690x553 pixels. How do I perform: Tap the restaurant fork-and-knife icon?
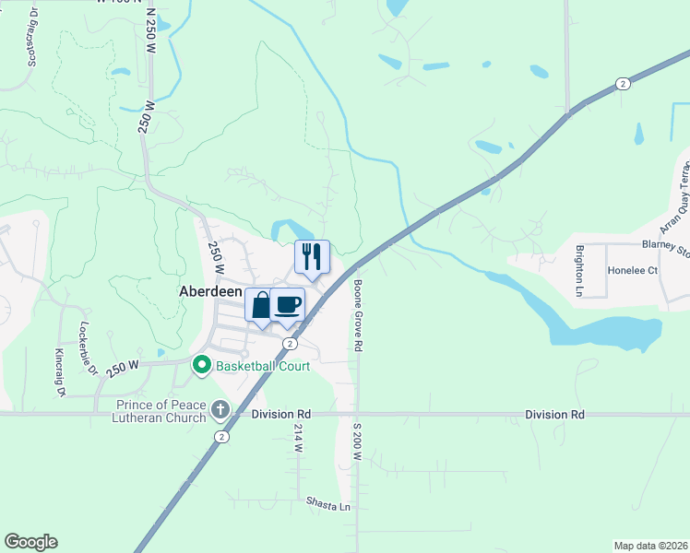pyautogui.click(x=312, y=255)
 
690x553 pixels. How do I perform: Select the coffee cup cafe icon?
pyautogui.click(x=288, y=304)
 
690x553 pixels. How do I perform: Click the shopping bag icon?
pyautogui.click(x=261, y=304)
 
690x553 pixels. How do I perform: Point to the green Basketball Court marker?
pyautogui.click(x=202, y=366)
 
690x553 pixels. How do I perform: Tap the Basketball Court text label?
pyautogui.click(x=262, y=366)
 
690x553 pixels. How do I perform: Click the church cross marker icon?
pyautogui.click(x=220, y=408)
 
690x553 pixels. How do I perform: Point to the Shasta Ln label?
pyautogui.click(x=328, y=506)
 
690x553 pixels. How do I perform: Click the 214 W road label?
pyautogui.click(x=298, y=437)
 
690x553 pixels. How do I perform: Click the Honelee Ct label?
pyautogui.click(x=632, y=271)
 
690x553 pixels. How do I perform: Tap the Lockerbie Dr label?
pyautogui.click(x=88, y=347)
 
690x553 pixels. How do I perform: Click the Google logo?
pyautogui.click(x=30, y=542)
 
